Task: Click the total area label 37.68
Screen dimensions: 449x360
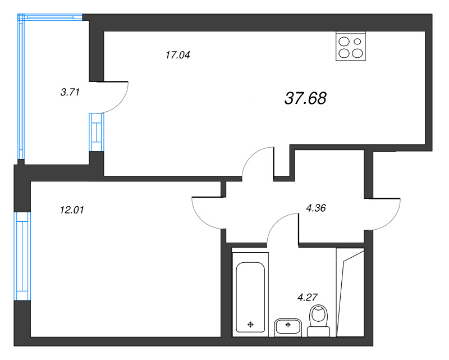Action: tap(305, 98)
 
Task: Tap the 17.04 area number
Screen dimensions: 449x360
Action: tap(178, 54)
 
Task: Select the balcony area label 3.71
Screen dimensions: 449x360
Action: tap(70, 92)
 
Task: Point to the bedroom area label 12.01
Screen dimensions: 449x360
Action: tap(72, 210)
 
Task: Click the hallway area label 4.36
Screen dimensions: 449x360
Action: tap(316, 208)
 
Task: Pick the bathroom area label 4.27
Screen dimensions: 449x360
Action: tap(308, 297)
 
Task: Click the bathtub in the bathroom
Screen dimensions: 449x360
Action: tap(250, 294)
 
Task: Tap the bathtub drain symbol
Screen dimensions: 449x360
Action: tap(250, 325)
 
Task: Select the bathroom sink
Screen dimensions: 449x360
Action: tap(288, 327)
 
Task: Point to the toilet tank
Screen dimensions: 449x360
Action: tap(318, 331)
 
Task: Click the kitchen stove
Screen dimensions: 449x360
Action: tap(351, 46)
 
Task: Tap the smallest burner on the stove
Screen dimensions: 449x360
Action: tap(358, 42)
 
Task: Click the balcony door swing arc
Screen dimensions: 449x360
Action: tap(120, 103)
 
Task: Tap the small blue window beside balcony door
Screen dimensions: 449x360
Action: tap(97, 132)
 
